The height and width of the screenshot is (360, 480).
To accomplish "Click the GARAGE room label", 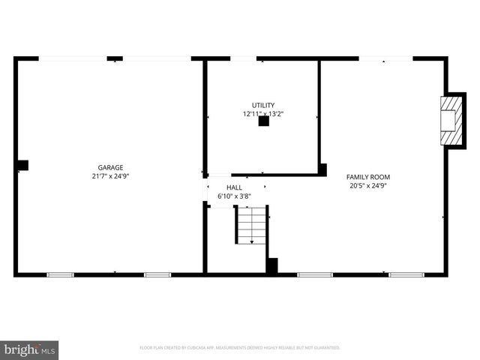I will click(110, 168).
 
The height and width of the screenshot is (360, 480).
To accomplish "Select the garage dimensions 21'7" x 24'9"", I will click(110, 176).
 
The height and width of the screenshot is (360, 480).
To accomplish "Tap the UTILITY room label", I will click(262, 105).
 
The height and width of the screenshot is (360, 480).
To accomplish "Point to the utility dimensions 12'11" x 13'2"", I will click(262, 114).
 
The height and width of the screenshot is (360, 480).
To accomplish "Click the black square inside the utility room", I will click(263, 121).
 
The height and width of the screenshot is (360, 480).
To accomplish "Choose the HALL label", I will click(234, 187).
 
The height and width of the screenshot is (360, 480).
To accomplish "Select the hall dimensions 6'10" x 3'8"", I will click(234, 196).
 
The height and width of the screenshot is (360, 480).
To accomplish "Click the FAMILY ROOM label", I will click(367, 177).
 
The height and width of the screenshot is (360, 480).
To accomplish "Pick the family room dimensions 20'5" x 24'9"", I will click(367, 186).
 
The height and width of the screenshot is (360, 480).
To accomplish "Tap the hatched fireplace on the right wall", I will click(451, 120).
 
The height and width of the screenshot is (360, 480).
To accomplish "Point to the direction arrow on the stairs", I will click(251, 239).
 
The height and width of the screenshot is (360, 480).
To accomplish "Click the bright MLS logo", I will click(30, 349).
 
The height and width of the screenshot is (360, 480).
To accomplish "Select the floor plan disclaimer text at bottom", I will click(240, 348).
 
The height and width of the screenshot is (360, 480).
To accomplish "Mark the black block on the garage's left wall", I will click(22, 165).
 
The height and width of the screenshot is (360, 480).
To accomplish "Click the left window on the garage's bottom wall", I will click(60, 274).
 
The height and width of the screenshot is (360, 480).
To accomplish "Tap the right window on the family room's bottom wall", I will click(406, 274).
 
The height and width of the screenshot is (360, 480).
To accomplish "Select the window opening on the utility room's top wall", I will click(243, 58).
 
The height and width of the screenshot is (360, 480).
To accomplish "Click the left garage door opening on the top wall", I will click(72, 58).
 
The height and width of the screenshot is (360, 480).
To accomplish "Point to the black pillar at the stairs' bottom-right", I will click(272, 265).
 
